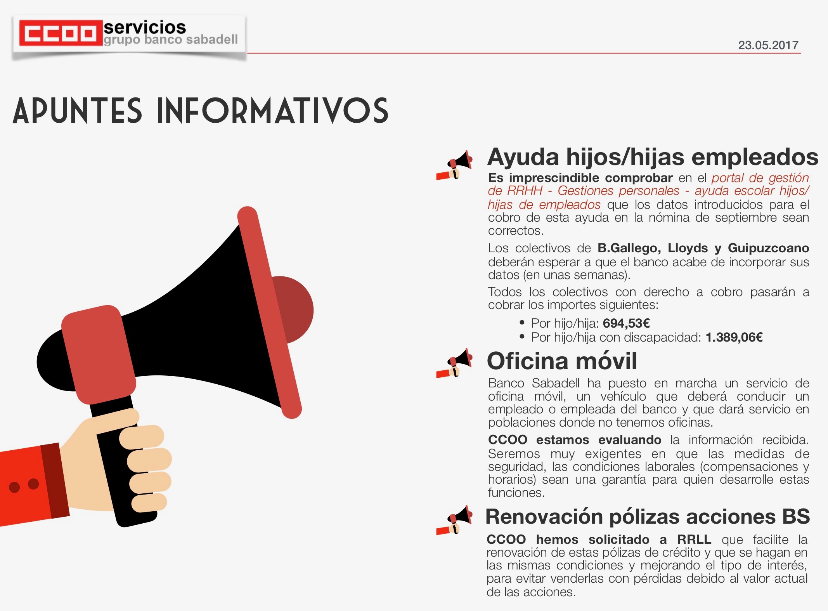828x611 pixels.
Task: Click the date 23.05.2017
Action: pyautogui.click(x=768, y=45)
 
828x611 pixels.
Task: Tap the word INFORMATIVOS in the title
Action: pyautogui.click(x=272, y=111)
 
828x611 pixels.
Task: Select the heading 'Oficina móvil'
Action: pyautogui.click(x=562, y=361)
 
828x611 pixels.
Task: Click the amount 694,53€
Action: pyautogui.click(x=626, y=323)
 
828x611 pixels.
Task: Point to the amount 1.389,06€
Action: pyautogui.click(x=734, y=337)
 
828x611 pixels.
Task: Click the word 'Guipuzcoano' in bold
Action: pyautogui.click(x=768, y=248)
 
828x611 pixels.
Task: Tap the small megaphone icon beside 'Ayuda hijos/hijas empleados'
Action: pyautogui.click(x=454, y=165)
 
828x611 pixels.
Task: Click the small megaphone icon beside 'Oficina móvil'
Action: pyautogui.click(x=454, y=363)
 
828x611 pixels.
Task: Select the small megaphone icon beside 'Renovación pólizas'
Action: pyautogui.click(x=454, y=520)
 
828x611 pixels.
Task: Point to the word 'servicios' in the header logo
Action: pyautogui.click(x=145, y=27)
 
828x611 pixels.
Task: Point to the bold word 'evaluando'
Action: pyautogui.click(x=630, y=440)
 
